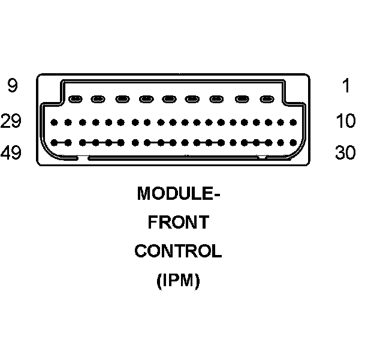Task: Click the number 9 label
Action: tap(12, 86)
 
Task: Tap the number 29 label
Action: tap(11, 121)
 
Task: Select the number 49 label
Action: tap(11, 153)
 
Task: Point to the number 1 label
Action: tap(346, 86)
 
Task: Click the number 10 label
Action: tap(345, 121)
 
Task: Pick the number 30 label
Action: tap(345, 153)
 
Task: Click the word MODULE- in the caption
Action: tap(179, 194)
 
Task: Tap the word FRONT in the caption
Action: tap(179, 223)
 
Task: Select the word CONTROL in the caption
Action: tap(178, 251)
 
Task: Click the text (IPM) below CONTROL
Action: tap(178, 280)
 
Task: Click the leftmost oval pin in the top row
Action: tap(76, 99)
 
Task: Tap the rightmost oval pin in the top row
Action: tap(267, 99)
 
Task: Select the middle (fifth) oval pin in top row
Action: tap(170, 99)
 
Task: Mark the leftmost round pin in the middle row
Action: tap(55, 122)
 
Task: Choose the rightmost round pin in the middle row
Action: tap(294, 122)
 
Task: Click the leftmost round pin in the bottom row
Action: tap(55, 143)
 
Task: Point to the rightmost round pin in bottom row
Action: tap(294, 143)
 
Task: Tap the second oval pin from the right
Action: tap(243, 99)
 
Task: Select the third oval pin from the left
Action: tap(123, 99)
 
